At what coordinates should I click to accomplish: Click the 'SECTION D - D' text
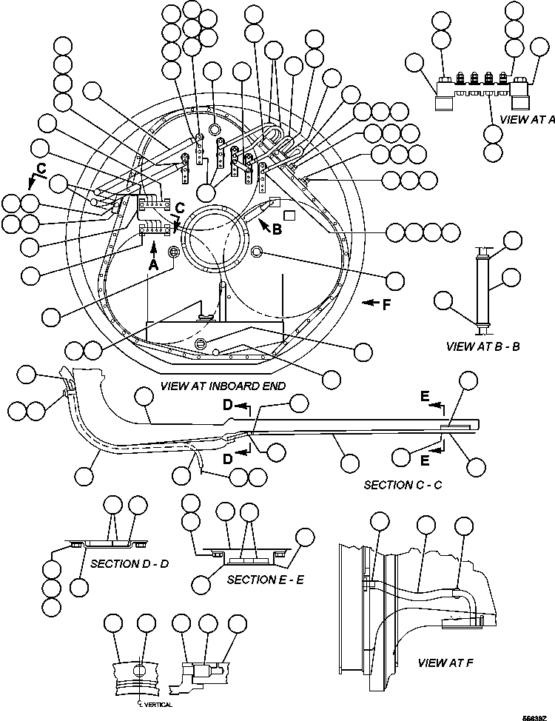pos(129,563)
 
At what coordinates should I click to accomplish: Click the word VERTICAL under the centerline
pos(158,704)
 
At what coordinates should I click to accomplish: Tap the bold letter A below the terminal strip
pos(152,264)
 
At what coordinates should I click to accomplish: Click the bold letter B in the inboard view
pos(277,229)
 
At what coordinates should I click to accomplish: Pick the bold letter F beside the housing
pos(386,304)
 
